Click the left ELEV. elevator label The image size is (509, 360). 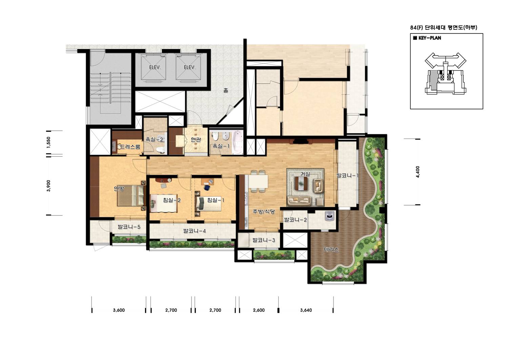click(x=155, y=67)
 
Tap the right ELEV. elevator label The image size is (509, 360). click(x=189, y=67)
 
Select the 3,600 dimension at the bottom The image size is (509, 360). click(x=119, y=310)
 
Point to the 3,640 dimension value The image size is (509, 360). click(x=306, y=310)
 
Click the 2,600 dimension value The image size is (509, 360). click(x=259, y=310)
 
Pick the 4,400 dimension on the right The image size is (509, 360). click(x=418, y=172)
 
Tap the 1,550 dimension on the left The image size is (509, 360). click(x=48, y=143)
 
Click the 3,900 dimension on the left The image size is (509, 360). click(x=48, y=186)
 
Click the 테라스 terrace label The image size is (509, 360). click(x=331, y=250)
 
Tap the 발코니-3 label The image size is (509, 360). click(x=264, y=240)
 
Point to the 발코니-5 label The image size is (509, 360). click(x=129, y=227)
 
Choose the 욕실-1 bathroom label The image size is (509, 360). click(x=221, y=146)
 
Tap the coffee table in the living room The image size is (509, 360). click(x=301, y=183)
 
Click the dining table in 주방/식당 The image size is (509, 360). click(x=258, y=182)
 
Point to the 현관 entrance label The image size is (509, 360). click(x=196, y=139)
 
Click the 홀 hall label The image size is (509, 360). click(x=225, y=90)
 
